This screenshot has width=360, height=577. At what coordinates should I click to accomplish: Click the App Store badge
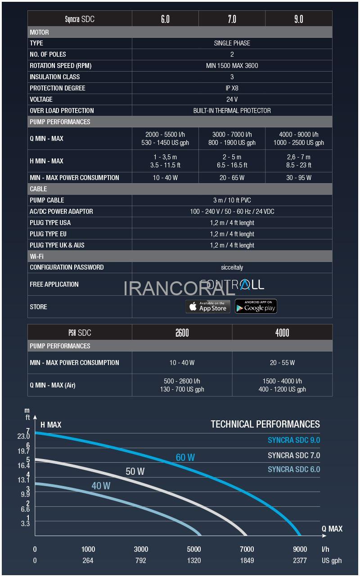click(x=208, y=307)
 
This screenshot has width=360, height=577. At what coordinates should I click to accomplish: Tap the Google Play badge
click(x=256, y=307)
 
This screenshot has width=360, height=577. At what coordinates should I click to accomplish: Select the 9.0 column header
click(x=298, y=19)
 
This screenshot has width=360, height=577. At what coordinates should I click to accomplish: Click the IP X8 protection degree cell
click(x=232, y=88)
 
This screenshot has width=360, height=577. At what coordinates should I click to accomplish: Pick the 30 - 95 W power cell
click(x=298, y=178)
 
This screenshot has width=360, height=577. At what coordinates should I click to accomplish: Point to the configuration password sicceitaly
click(x=232, y=267)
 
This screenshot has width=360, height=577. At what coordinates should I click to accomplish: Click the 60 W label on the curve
click(x=185, y=457)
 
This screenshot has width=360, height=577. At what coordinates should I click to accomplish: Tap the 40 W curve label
click(x=101, y=486)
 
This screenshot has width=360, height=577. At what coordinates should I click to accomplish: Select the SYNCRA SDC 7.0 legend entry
click(x=293, y=455)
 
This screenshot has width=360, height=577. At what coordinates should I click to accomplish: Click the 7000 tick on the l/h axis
click(x=247, y=549)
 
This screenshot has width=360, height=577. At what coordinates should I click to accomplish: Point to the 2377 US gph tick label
click(x=300, y=560)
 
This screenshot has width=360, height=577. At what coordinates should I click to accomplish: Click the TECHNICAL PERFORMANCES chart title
click(x=265, y=424)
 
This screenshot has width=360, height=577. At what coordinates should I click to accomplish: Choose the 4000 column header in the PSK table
click(x=282, y=333)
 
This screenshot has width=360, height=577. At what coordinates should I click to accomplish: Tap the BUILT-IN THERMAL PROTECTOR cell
click(x=232, y=111)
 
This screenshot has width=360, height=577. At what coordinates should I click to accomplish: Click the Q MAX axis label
click(x=332, y=529)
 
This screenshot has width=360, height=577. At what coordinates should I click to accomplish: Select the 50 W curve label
click(x=135, y=471)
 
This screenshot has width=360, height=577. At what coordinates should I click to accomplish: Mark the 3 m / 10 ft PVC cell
click(x=232, y=200)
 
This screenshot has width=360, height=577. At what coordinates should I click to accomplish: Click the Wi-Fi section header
click(x=37, y=256)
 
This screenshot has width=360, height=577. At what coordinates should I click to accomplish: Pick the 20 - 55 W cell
click(x=282, y=363)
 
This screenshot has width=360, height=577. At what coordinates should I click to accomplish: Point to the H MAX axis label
click(x=51, y=424)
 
